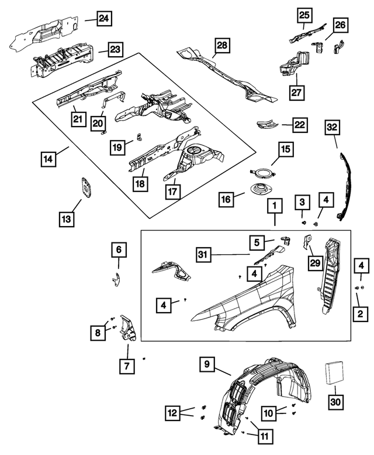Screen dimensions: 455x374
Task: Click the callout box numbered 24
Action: point(103,20)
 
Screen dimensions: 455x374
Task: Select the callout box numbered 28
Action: point(223,45)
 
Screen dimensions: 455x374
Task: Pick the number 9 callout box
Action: point(206,364)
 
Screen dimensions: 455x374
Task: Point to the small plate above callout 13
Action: point(87,189)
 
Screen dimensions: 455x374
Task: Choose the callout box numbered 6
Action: point(118,250)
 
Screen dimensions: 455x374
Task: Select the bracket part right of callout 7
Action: point(128,329)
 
